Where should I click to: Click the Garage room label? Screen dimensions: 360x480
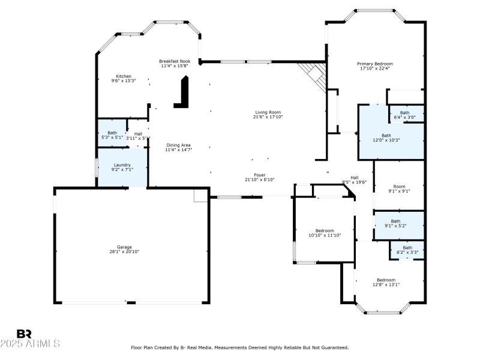point(124,247)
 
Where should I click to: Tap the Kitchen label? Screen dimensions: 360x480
point(124,76)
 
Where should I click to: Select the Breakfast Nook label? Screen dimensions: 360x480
point(175,61)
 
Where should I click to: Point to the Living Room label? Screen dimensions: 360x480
point(268,112)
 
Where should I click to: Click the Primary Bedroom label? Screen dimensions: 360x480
point(375,64)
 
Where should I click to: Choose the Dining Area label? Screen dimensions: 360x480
point(178,145)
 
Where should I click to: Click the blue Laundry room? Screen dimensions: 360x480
point(122,167)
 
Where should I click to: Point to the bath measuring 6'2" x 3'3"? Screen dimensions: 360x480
point(407,250)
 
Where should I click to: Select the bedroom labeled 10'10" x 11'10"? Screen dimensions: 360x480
point(325,233)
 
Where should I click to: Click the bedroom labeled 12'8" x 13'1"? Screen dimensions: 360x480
point(386,282)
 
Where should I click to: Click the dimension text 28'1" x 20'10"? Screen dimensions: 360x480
point(124,252)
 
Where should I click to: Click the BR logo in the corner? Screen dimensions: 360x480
point(24,334)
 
